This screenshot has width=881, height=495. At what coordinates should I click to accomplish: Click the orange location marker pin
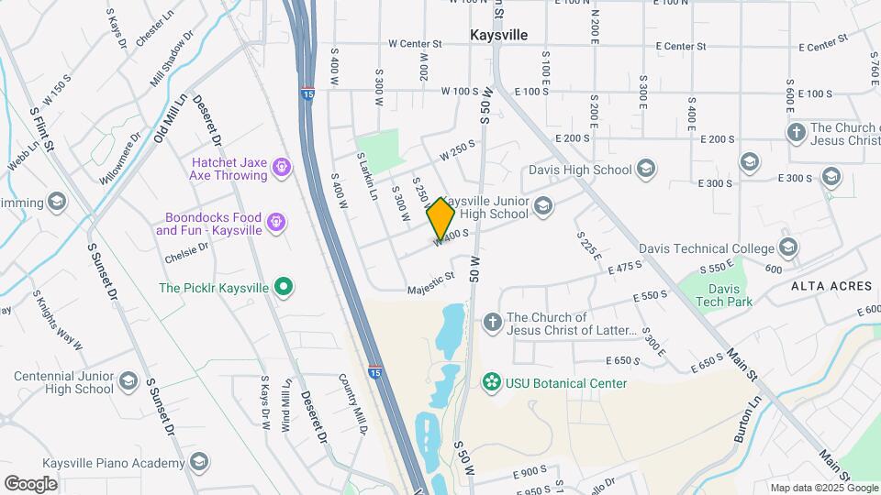click(x=440, y=218)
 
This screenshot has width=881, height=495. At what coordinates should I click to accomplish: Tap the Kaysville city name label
click(x=498, y=34)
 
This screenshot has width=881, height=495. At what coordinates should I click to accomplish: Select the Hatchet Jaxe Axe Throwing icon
click(x=282, y=167)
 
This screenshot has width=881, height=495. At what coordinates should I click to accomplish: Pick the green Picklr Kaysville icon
click(x=284, y=288)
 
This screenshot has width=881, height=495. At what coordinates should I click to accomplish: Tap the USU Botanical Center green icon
click(x=492, y=382)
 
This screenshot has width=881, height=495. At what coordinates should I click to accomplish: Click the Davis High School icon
click(x=646, y=169)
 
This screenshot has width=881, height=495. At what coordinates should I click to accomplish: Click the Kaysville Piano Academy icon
click(x=198, y=461)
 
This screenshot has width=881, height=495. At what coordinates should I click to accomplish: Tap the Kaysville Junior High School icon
click(x=543, y=206)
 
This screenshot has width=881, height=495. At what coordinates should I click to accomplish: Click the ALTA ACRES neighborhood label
click(x=831, y=286)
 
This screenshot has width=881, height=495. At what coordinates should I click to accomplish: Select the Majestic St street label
click(x=431, y=282)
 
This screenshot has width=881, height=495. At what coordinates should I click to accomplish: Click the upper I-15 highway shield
click(x=305, y=93)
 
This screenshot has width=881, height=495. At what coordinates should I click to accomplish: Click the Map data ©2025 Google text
click(x=823, y=488)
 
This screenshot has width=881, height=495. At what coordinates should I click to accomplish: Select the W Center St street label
click(x=415, y=43)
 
